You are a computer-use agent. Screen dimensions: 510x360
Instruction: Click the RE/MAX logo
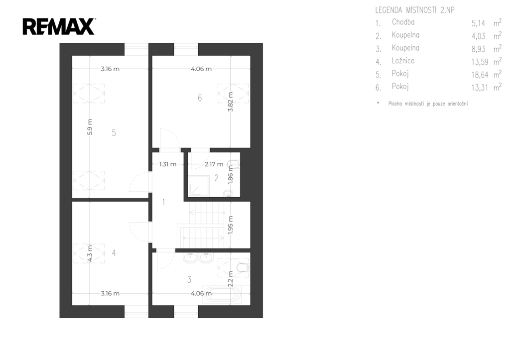[59, 26]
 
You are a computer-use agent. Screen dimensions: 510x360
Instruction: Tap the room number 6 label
[200, 98]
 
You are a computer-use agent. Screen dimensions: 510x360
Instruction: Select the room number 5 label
[114, 132]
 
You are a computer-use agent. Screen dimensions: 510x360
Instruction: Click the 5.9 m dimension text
[90, 127]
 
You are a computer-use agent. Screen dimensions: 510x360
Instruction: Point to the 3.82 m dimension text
[231, 102]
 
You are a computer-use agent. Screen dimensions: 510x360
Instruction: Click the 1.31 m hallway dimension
[168, 164]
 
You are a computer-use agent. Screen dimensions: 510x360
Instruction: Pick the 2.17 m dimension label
[214, 164]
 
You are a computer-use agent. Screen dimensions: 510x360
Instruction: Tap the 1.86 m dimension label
[231, 175]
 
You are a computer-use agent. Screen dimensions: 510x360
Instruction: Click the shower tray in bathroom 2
[198, 186]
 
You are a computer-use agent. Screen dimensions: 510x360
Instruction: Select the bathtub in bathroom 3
[222, 295]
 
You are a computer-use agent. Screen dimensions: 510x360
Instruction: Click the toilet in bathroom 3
[243, 268]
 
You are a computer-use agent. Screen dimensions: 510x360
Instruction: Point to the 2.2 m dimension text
[231, 279]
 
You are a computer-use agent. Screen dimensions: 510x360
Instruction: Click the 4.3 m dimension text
[90, 253]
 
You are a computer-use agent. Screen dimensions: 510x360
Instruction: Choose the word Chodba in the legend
[403, 22]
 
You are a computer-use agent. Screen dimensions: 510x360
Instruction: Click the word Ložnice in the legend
[403, 61]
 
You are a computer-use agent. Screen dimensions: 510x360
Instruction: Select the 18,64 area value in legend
[480, 75]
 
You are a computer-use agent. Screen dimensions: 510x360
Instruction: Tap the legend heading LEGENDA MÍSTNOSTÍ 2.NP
[415, 10]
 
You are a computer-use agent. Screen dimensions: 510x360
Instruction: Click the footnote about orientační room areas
[428, 104]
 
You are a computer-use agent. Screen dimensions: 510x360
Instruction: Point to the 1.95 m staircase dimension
[231, 225]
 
